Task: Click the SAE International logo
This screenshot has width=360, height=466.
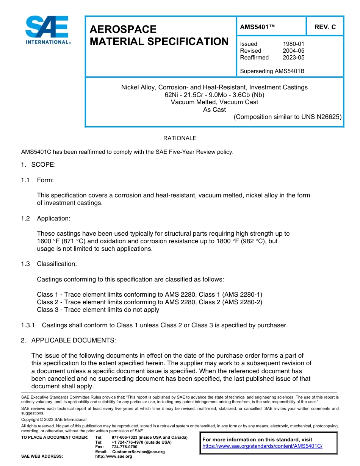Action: coord(48,30)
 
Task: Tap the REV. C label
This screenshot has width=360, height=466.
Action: coord(325,27)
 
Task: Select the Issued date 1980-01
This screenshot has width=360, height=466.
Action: coord(293,44)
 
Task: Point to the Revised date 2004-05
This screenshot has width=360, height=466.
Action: coord(293,51)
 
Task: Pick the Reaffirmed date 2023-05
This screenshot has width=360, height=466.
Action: coord(293,58)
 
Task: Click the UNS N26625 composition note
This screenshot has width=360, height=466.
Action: coord(288,117)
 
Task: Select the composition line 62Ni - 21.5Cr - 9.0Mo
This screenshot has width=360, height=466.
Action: coord(214,95)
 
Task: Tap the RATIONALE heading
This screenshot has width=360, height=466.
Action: coord(180,138)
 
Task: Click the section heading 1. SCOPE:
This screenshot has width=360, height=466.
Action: coord(38,165)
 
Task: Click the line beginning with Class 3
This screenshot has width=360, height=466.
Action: coord(98,310)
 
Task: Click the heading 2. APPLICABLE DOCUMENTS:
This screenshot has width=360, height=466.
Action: coord(68,340)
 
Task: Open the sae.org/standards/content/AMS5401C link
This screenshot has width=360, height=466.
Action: coord(262,446)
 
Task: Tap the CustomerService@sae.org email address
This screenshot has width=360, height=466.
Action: coord(138,452)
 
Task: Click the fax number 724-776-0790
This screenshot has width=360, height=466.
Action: coord(124,447)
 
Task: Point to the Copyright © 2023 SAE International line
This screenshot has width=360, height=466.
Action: coord(54,419)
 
